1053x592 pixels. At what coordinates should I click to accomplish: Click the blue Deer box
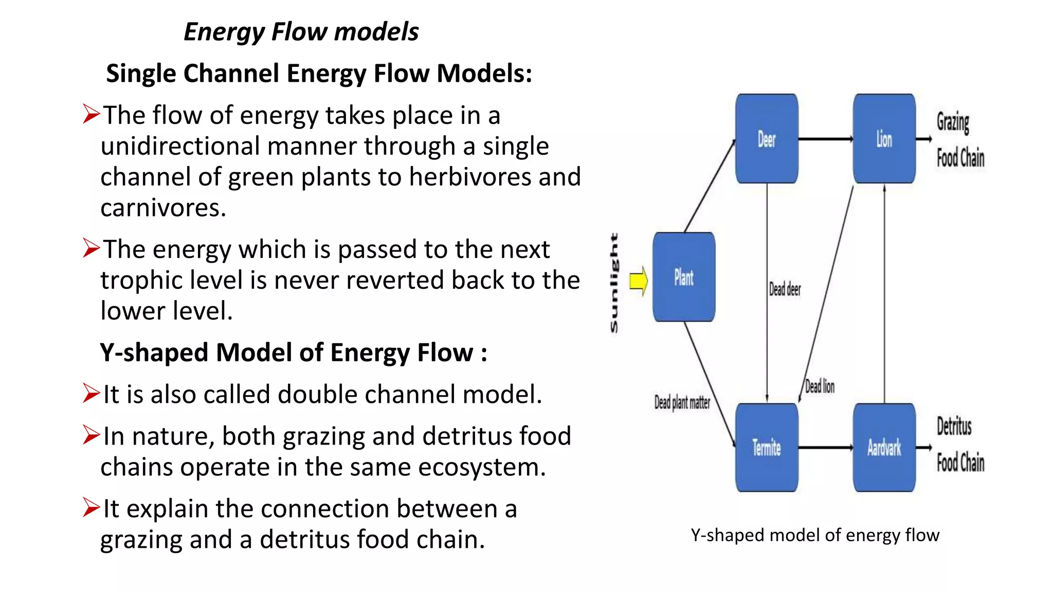click(767, 139)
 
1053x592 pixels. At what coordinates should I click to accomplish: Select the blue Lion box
click(884, 139)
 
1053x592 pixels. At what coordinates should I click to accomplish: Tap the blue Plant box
click(684, 277)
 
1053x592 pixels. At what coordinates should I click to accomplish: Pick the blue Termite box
click(767, 447)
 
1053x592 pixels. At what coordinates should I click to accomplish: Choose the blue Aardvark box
click(884, 447)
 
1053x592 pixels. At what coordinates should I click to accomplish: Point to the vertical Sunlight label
click(614, 283)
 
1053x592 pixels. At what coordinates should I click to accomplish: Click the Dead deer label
click(785, 289)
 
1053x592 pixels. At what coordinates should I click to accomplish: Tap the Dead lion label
click(820, 386)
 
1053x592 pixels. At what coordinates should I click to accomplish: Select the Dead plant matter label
click(682, 402)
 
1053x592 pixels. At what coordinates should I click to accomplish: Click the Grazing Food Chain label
click(959, 140)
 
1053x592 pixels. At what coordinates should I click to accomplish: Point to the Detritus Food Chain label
click(959, 445)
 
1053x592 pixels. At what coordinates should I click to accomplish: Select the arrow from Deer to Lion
click(825, 139)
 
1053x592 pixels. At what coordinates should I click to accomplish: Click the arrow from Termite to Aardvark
click(825, 447)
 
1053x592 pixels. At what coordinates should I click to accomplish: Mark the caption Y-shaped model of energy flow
click(815, 535)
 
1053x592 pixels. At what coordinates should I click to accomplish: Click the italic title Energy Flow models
click(301, 32)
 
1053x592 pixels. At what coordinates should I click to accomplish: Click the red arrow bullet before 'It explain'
click(91, 508)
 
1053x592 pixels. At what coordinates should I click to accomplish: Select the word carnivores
click(163, 208)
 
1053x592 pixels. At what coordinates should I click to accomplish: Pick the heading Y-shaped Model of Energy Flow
click(293, 353)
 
